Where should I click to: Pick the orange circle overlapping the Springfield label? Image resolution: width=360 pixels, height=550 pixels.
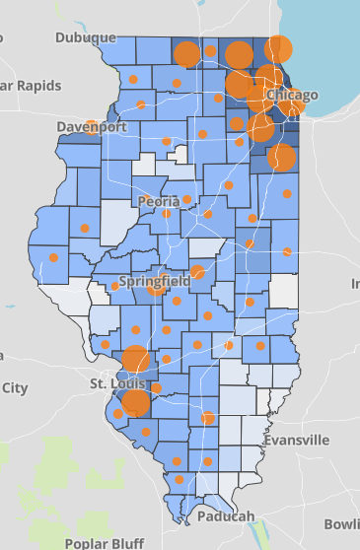[157, 288]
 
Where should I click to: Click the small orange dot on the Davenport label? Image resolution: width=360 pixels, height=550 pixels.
[91, 125]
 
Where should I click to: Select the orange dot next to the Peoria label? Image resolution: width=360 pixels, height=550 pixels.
[167, 213]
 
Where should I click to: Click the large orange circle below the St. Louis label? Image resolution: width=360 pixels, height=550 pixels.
[135, 402]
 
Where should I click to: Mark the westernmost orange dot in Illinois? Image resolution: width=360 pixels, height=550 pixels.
[53, 257]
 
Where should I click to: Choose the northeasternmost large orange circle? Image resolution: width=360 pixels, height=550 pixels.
[279, 48]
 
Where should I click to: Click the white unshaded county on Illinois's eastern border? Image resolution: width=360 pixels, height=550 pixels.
[284, 291]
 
